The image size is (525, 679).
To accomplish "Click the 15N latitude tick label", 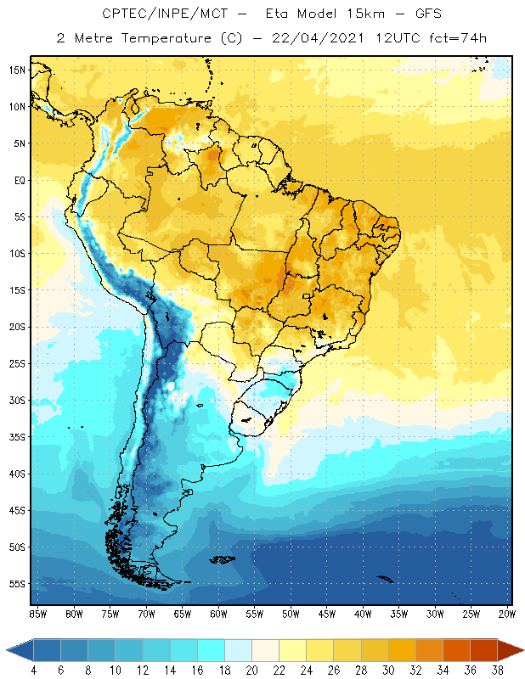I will (x=18, y=70).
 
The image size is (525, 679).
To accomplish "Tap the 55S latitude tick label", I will (x=18, y=583).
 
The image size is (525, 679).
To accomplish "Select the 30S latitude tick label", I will (x=18, y=400).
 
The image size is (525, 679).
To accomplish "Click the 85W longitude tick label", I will (x=37, y=613).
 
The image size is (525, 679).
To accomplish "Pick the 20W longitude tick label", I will (x=506, y=613).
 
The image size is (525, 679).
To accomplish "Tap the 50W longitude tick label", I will (x=291, y=613).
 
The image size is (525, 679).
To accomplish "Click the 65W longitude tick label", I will (x=182, y=613).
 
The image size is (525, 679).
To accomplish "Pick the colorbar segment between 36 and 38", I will (x=483, y=650).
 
